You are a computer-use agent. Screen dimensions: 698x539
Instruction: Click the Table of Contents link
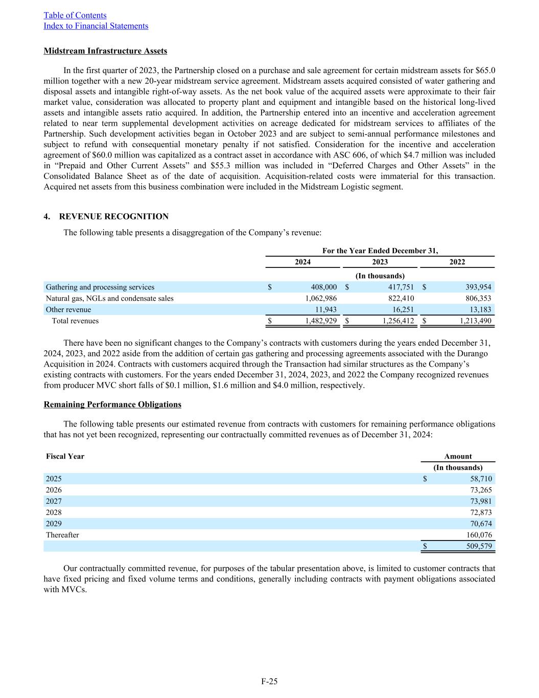(75, 15)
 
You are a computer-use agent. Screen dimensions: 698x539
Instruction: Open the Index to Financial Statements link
(96, 26)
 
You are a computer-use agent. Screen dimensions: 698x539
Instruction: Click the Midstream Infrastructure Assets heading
(105, 51)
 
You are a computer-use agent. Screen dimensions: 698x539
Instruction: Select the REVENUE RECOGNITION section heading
(113, 217)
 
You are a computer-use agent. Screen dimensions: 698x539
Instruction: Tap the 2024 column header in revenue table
(302, 262)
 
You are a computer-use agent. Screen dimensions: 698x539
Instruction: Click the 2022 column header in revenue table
(457, 262)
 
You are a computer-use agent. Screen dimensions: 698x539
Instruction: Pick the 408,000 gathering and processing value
(323, 287)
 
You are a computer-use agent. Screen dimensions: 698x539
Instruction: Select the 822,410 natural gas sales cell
(401, 299)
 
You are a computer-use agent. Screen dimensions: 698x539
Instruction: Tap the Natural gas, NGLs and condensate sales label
(109, 299)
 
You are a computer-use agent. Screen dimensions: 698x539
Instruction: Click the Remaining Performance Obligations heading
(112, 404)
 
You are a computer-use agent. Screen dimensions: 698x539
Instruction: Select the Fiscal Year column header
(65, 457)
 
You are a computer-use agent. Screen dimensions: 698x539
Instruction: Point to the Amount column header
(458, 457)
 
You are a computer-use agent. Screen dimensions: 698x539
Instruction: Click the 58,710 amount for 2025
(481, 479)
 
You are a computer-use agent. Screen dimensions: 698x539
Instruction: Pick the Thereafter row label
(62, 535)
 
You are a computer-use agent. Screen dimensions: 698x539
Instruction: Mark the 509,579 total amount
(479, 547)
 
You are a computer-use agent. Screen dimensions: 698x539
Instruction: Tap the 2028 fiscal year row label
(54, 513)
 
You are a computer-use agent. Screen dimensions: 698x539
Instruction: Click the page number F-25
(269, 681)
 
